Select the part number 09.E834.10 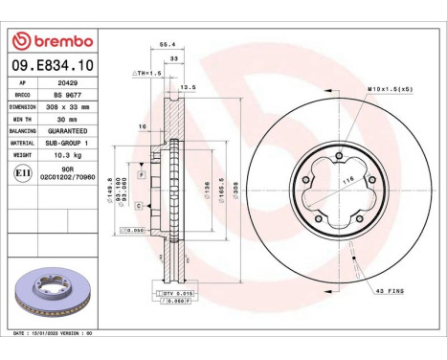pyautogui.click(x=52, y=65)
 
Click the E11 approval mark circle pyautogui.click(x=24, y=173)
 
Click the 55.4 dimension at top pyautogui.click(x=166, y=45)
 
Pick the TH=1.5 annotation pyautogui.click(x=145, y=73)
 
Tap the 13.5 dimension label pyautogui.click(x=189, y=87)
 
